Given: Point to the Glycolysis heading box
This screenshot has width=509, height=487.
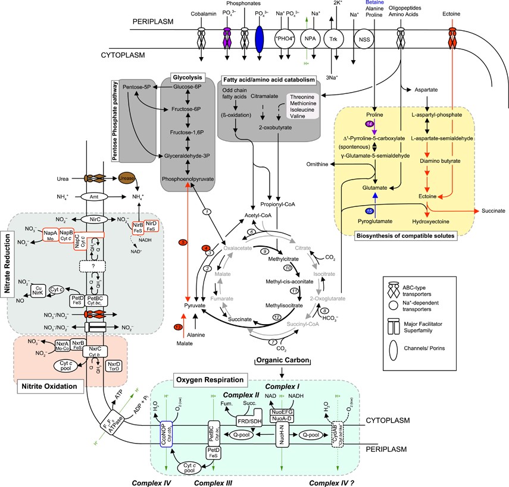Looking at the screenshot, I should coord(188,78).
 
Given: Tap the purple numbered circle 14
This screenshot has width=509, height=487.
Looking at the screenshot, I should coord(370,123).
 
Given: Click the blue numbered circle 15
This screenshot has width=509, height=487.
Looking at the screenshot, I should coord(370,210).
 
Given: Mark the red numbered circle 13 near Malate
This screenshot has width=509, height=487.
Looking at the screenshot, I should coord(178,328).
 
